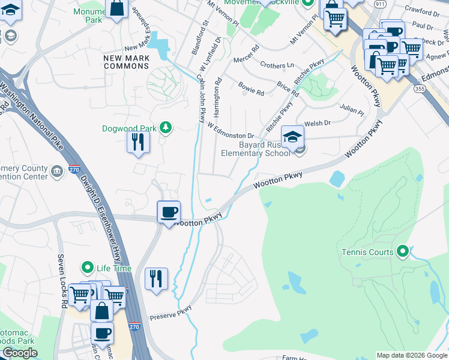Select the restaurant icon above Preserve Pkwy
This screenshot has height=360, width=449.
tap(156, 278)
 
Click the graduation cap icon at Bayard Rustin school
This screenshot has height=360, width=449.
tap(292, 136)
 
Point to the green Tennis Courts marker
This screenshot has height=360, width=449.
tap(402, 251)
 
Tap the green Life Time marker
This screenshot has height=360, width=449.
tap(88, 268)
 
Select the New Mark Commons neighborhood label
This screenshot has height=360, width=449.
tap(125, 62)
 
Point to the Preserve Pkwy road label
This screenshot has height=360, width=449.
tap(170, 313)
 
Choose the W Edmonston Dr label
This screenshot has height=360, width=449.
tap(231, 131)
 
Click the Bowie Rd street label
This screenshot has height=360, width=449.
tap(251, 89)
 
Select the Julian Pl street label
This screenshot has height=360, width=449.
tap(352, 110)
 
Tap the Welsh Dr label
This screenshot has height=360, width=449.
tap(318, 123)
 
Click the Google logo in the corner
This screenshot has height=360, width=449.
tap(20, 353)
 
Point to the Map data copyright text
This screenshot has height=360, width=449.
tap(412, 355)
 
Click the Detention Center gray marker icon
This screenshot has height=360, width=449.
tap(57, 172)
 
